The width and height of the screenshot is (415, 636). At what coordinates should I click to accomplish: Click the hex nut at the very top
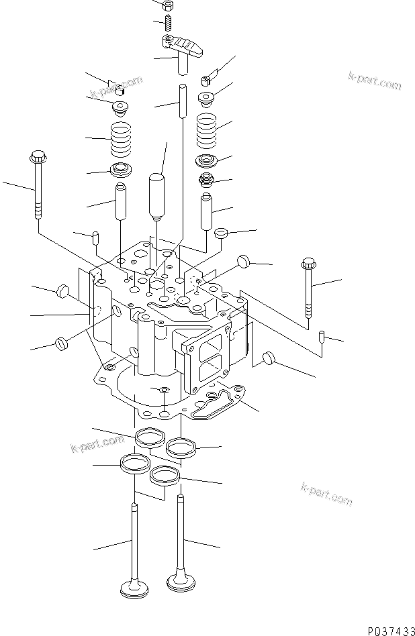[x=169, y=5]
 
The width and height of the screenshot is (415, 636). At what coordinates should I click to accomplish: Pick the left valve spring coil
[x=120, y=138]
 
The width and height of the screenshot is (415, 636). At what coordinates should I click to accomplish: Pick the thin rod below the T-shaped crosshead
[x=182, y=101]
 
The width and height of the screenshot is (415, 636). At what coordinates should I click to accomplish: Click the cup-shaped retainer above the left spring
[x=121, y=106]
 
